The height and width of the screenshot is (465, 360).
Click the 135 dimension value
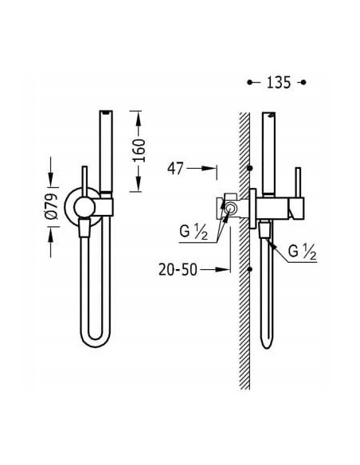(277, 81)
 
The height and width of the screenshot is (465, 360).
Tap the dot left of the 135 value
(250, 81)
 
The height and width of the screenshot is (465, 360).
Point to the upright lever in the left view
(84, 179)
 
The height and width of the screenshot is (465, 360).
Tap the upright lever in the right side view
(298, 183)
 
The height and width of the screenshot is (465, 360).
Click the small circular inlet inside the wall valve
(229, 209)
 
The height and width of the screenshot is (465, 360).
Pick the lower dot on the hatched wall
(250, 269)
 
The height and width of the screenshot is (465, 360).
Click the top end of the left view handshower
(107, 111)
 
